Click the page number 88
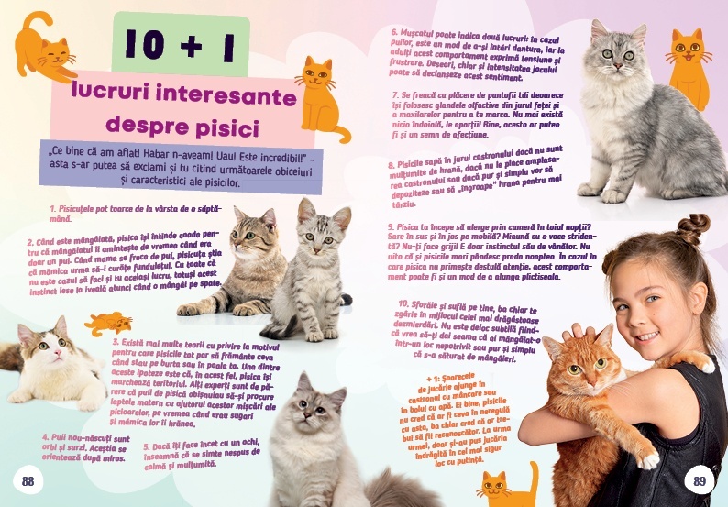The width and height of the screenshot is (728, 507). (x=28, y=482)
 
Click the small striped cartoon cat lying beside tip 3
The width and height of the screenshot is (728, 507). (x=108, y=323)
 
